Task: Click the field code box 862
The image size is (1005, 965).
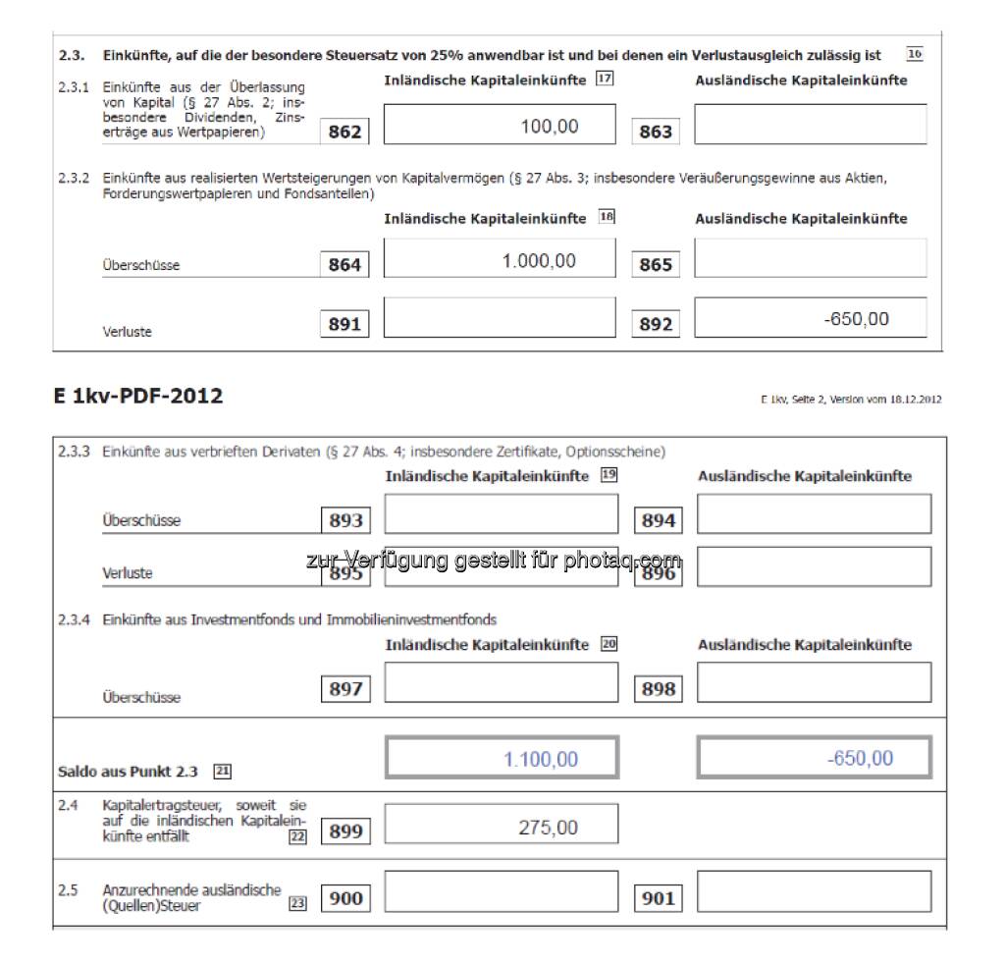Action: pos(344,132)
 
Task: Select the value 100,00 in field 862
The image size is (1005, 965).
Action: pos(550,127)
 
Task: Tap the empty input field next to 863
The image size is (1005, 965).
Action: pos(810,125)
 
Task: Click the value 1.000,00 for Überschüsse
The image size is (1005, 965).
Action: pos(539,261)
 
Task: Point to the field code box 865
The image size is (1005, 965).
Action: pos(656,265)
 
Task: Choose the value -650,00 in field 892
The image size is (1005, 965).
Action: pos(857,319)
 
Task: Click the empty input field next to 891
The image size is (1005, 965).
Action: pos(500,318)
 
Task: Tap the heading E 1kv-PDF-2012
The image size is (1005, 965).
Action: pos(138,396)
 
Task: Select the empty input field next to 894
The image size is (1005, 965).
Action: pos(814,513)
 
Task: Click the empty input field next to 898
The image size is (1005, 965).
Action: pos(814,682)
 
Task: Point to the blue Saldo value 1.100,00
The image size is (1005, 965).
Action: pos(541,759)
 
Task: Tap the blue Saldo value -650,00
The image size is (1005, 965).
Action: pos(860,758)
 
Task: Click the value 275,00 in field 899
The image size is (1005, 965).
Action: pos(548,828)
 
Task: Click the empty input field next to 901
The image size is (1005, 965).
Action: pos(814,891)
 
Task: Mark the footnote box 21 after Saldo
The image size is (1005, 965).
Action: pos(222,772)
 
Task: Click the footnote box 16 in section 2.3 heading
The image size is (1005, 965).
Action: pos(914,55)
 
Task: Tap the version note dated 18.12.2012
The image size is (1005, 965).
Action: pos(850,399)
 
